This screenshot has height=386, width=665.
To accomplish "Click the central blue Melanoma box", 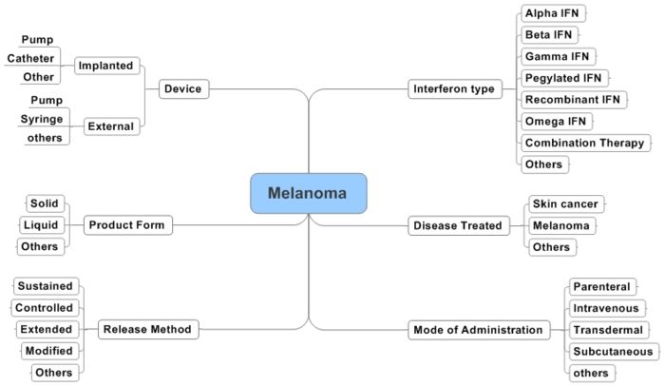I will (x=308, y=193).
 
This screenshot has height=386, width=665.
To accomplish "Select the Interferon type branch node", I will (x=454, y=88).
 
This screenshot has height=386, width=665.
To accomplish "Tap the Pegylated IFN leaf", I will (x=564, y=77).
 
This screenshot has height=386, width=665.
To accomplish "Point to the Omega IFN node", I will (x=557, y=121).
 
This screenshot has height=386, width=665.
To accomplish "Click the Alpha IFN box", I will (x=553, y=13).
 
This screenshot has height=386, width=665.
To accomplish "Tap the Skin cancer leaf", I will (x=565, y=203).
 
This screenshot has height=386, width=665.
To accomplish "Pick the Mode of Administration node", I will (x=480, y=330).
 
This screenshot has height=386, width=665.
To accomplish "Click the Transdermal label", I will (x=608, y=330).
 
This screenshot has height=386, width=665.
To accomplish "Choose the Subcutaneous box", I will (x=610, y=352).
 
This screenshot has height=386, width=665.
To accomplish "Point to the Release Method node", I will (x=147, y=330).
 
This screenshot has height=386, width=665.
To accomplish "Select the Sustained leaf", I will (x=45, y=286).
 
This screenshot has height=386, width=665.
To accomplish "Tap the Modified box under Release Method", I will (x=47, y=351).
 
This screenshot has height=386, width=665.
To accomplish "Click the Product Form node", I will (x=126, y=225).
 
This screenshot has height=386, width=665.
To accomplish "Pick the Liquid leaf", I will (x=42, y=225).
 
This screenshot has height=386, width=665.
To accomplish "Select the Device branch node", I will (x=181, y=88).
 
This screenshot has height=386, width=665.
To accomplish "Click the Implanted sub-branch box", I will (x=105, y=66).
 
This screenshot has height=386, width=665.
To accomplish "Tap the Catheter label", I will (x=31, y=58).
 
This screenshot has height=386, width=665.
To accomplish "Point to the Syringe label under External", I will (x=42, y=119).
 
